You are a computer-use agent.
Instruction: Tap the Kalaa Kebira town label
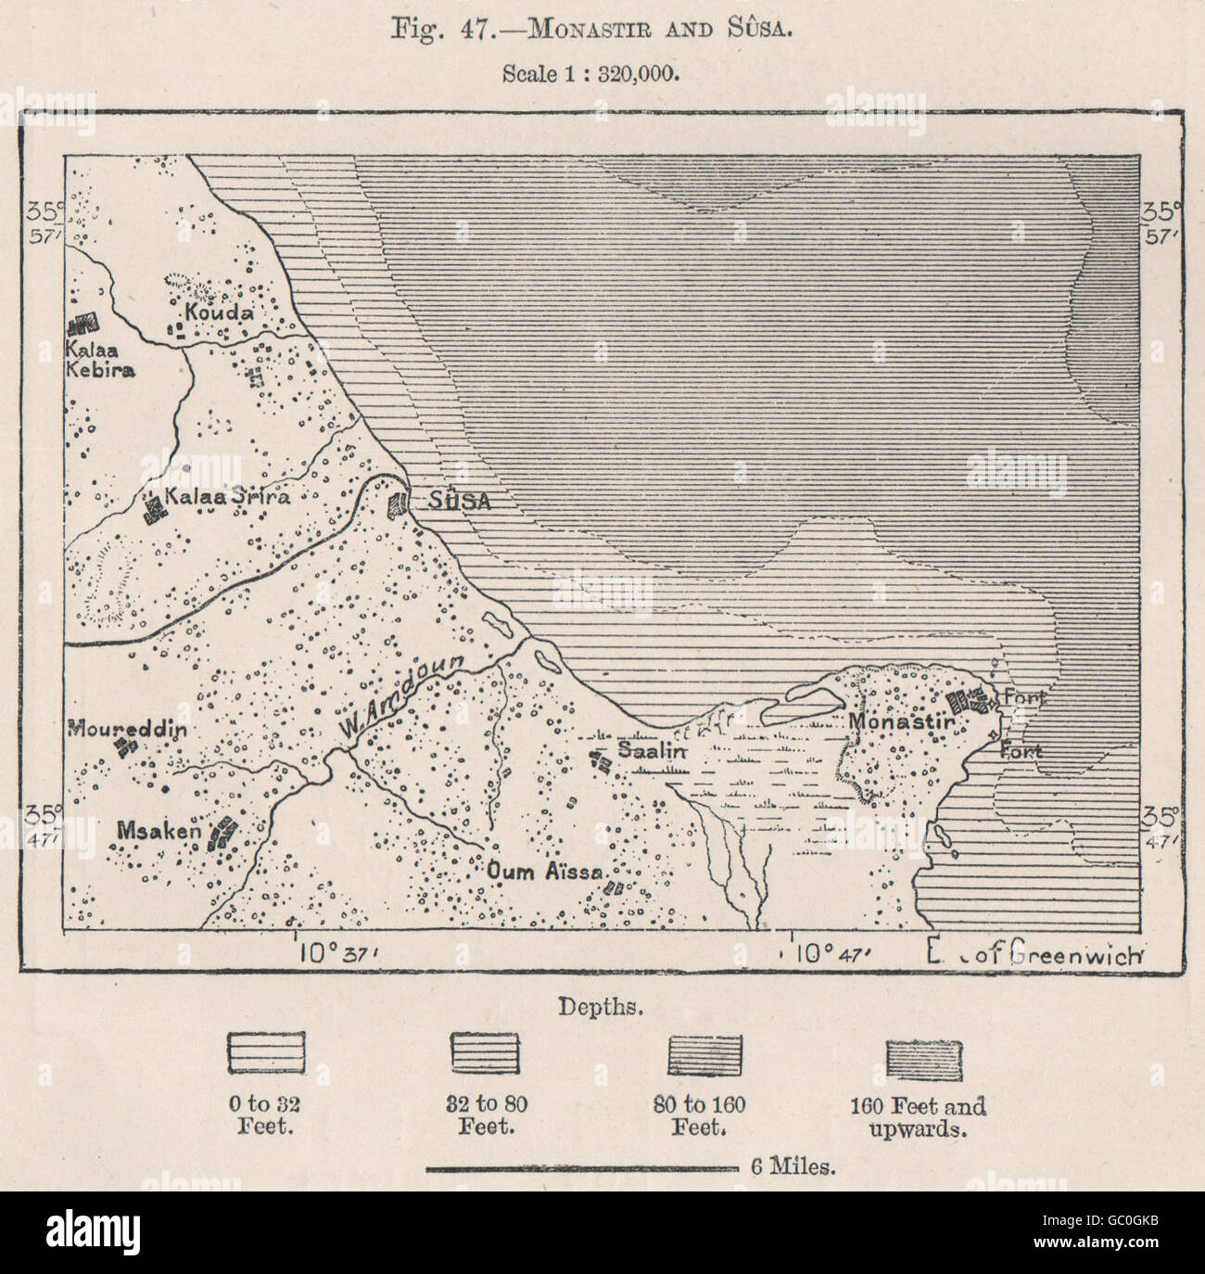(100, 360)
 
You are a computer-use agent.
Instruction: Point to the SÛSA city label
(460, 501)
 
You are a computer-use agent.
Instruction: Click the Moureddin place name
(127, 729)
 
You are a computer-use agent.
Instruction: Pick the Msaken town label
(158, 831)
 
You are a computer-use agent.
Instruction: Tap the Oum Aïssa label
(546, 872)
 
